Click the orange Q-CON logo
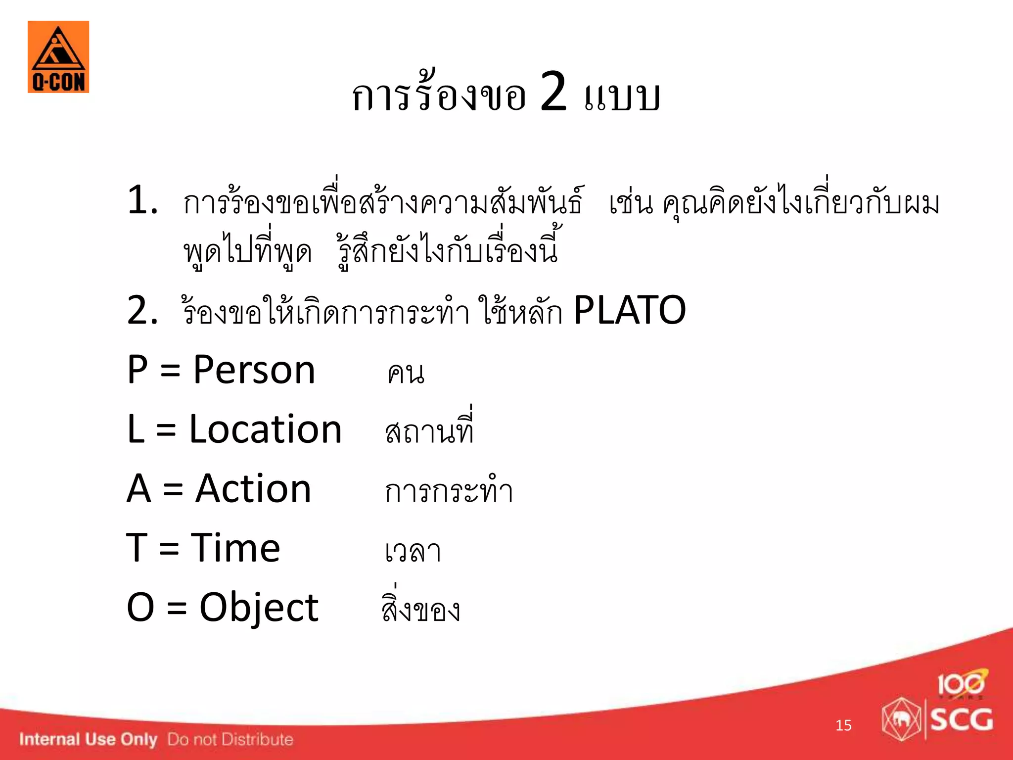58,57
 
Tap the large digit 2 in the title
553,92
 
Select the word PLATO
629,310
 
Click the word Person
254,370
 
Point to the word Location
266,429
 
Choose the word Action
253,489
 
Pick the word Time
235,548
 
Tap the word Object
259,608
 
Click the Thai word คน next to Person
406,374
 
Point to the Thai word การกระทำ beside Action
449,491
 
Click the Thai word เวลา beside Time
413,551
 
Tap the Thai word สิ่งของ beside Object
421,609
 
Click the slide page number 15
843,725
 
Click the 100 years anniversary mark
961,684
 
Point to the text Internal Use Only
88,739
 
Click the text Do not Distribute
230,739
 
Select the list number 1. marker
142,201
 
